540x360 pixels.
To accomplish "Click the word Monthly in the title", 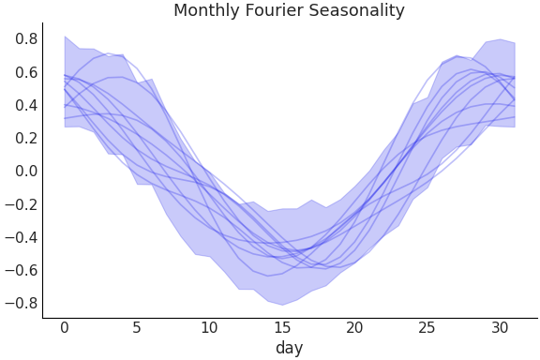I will pyautogui.click(x=203, y=11).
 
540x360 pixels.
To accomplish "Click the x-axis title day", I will pyautogui.click(x=289, y=348).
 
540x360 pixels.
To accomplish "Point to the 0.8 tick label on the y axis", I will pyautogui.click(x=26, y=39).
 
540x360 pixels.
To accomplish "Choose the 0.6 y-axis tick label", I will pyautogui.click(x=26, y=72).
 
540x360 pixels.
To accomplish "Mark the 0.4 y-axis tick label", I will pyautogui.click(x=26, y=105).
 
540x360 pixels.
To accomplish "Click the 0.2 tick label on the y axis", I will pyautogui.click(x=26, y=138).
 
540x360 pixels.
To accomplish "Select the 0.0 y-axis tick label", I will pyautogui.click(x=26, y=171).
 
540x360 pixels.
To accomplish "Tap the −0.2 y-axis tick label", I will pyautogui.click(x=22, y=204).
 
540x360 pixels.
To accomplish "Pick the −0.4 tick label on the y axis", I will pyautogui.click(x=22, y=237).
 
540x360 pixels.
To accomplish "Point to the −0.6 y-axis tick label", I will pyautogui.click(x=22, y=270).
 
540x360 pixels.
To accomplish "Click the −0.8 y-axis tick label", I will pyautogui.click(x=22, y=303).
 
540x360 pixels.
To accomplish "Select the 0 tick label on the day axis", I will pyautogui.click(x=65, y=327).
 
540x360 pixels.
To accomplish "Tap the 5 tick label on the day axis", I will pyautogui.click(x=137, y=327).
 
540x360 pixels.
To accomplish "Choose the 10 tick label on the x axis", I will pyautogui.click(x=209, y=327).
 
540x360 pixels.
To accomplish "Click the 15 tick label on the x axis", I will pyautogui.click(x=281, y=327).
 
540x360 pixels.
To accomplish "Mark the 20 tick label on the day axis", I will pyautogui.click(x=354, y=327).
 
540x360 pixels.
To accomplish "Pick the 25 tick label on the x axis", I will pyautogui.click(x=427, y=327).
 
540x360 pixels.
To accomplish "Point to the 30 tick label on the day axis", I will pyautogui.click(x=499, y=327).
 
